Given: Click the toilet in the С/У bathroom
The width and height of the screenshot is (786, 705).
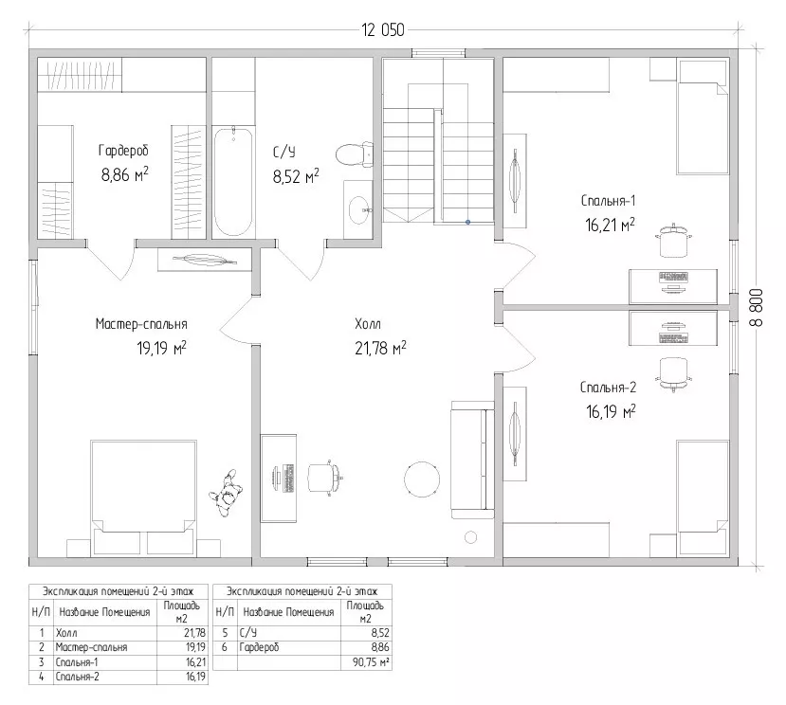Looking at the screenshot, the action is pyautogui.click(x=355, y=154).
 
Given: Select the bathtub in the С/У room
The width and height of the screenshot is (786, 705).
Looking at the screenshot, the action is pyautogui.click(x=233, y=181).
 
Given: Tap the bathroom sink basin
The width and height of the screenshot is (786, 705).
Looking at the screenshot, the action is pyautogui.click(x=359, y=209).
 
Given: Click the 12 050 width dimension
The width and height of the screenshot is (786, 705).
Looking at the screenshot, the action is pyautogui.click(x=383, y=30).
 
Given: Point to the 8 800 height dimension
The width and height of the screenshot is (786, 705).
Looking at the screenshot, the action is pyautogui.click(x=756, y=307).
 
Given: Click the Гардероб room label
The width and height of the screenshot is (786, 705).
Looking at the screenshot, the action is pyautogui.click(x=123, y=151).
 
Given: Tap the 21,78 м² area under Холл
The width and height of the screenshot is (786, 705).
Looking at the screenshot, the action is pyautogui.click(x=380, y=348).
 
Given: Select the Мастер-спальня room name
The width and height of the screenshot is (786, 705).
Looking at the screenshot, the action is pyautogui.click(x=141, y=324).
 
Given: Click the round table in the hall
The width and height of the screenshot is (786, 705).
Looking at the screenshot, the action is pyautogui.click(x=422, y=479).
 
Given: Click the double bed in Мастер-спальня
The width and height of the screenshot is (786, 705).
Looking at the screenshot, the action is pyautogui.click(x=143, y=498).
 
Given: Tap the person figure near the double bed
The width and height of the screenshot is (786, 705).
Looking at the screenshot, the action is pyautogui.click(x=226, y=493).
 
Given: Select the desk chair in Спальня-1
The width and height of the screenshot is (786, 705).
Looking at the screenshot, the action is pyautogui.click(x=673, y=241).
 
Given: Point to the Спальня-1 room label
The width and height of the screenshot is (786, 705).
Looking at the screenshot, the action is pyautogui.click(x=608, y=201).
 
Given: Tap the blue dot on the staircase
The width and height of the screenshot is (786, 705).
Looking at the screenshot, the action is pyautogui.click(x=467, y=222).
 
